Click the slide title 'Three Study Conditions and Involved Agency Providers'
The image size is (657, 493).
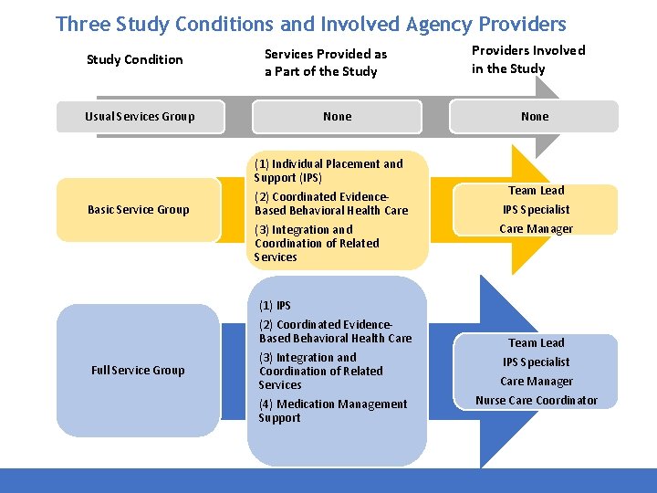click(310, 24)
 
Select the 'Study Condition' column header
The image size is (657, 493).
click(134, 59)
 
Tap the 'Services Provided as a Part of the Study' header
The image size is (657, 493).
click(325, 62)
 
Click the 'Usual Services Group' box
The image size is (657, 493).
click(140, 116)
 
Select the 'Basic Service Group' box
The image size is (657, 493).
click(138, 209)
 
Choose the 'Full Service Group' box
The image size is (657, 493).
click(138, 370)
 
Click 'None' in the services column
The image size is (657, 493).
click(337, 116)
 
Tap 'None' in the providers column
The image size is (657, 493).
click(535, 116)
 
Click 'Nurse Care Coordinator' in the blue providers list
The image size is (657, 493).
click(537, 400)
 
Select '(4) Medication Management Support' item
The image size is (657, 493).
click(332, 411)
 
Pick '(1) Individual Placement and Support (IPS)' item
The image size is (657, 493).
click(328, 171)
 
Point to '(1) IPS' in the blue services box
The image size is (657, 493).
click(275, 305)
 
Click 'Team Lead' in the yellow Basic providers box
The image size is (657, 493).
click(536, 190)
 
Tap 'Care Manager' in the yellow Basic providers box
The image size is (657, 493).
click(536, 228)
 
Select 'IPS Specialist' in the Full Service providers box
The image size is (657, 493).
click(536, 362)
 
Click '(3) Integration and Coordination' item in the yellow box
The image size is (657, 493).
click(316, 243)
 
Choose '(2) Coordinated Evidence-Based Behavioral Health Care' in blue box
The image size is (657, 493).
click(335, 330)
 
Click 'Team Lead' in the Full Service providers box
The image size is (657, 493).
click(536, 342)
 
